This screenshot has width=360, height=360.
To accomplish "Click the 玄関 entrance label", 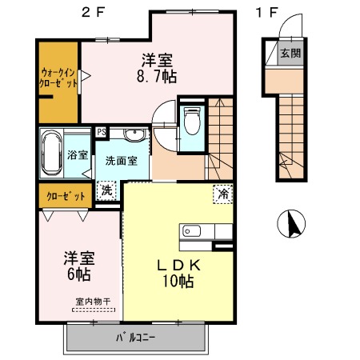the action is [x=290, y=54].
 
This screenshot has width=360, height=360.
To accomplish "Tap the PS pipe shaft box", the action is [x=102, y=132].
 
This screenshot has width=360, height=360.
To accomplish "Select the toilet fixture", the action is [x=192, y=121].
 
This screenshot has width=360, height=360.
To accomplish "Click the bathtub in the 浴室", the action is [x=52, y=153].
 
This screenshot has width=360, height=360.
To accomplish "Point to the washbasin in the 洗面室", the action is [x=135, y=135].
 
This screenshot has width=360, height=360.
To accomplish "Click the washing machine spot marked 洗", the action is [x=106, y=190].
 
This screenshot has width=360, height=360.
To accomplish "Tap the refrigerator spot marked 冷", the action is [x=223, y=194].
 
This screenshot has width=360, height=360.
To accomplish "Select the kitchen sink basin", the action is [x=191, y=231].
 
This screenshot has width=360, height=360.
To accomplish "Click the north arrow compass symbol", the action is [x=291, y=224].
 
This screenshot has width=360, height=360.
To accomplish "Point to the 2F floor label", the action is [x=93, y=13].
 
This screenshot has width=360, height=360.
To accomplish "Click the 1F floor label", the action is [x=267, y=13].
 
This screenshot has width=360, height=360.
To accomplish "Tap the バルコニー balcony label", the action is [x=136, y=338].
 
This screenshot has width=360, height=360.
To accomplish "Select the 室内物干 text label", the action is [x=93, y=302].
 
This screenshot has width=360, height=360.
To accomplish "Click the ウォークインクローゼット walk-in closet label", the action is [x=58, y=78].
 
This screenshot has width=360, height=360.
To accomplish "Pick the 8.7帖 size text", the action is [x=157, y=77].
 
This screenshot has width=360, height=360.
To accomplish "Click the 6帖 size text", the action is [x=79, y=274].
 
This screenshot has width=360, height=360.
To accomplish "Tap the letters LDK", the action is [x=178, y=266].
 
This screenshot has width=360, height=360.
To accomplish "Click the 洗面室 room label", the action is [x=122, y=161].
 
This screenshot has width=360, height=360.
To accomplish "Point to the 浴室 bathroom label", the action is [x=78, y=154].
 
